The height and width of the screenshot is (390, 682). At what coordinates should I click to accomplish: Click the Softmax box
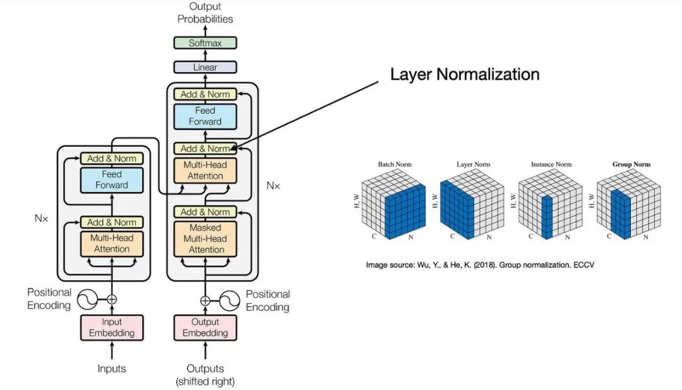(205, 43)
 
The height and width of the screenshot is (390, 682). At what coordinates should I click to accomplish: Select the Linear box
(205, 67)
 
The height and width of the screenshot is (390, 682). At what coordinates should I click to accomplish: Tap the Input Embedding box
(112, 327)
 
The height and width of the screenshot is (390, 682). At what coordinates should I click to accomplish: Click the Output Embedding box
(205, 327)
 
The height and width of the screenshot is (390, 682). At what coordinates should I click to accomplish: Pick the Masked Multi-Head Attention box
(205, 238)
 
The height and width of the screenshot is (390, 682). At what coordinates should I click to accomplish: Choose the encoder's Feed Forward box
(112, 180)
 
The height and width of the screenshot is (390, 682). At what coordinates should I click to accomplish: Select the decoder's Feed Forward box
(205, 116)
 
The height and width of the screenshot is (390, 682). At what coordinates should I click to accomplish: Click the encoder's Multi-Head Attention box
(112, 243)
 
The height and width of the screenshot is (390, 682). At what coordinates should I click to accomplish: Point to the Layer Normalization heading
(465, 74)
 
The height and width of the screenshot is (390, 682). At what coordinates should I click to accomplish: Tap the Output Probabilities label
(205, 13)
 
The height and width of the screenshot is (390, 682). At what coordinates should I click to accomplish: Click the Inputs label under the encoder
(112, 369)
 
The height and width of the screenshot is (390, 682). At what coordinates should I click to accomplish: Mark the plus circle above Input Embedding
(112, 299)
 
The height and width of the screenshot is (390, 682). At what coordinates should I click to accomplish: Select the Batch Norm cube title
(394, 164)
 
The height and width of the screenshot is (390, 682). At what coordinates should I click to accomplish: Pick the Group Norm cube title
(631, 164)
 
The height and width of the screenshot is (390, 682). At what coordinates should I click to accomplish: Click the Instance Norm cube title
(551, 164)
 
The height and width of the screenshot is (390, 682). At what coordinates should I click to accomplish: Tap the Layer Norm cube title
(473, 164)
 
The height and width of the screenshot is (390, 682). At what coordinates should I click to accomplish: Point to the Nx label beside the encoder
(42, 218)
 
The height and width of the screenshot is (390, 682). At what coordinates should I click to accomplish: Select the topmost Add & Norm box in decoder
(205, 94)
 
